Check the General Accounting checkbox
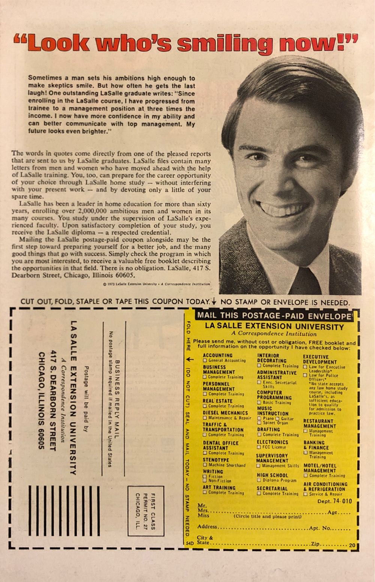click(205, 361)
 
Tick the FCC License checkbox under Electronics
click(259, 447)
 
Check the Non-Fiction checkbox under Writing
click(205, 481)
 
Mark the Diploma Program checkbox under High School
click(259, 480)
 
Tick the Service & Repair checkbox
click(306, 494)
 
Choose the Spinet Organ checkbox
click(259, 423)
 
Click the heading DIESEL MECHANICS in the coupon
click(225, 413)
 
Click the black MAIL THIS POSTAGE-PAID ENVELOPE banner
click(274, 316)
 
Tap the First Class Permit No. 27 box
click(141, 511)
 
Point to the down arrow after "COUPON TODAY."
click(214, 302)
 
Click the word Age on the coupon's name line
click(333, 512)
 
